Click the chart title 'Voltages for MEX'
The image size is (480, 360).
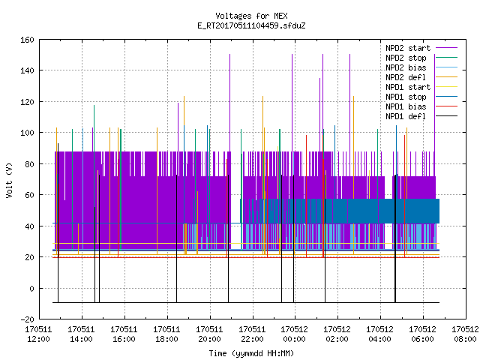pos(251,16)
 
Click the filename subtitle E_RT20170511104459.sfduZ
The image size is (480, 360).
pos(251,25)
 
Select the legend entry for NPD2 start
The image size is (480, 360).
pos(408,48)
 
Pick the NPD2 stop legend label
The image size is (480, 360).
pos(406,58)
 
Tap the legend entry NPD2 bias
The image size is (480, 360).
pos(406,67)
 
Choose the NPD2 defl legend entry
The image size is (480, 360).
pos(406,77)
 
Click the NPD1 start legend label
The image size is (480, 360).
pos(408,87)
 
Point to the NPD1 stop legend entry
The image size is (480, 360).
pos(406,97)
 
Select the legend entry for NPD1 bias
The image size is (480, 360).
pos(406,106)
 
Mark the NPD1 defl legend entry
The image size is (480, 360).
pos(406,117)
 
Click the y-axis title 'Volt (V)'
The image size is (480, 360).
pos(9,180)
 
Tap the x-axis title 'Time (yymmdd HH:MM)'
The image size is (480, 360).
pos(251,353)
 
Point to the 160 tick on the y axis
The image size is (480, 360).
pos(27,40)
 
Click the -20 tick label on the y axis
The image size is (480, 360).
pos(27,319)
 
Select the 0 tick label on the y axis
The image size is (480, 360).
pos(31,288)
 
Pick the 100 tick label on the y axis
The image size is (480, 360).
pos(27,133)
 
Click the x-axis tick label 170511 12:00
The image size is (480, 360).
pos(38,334)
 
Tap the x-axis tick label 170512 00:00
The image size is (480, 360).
pos(294,334)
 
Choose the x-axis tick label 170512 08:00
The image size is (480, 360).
pos(465,334)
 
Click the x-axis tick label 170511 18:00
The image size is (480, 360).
pos(166,334)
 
